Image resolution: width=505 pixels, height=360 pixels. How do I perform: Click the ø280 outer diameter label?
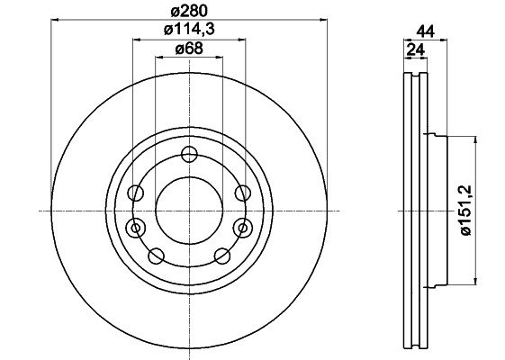pos(189,12)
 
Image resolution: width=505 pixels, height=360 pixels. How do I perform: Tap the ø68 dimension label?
pos(187,49)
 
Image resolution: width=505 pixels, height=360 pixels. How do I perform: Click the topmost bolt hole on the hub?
pos(188,154)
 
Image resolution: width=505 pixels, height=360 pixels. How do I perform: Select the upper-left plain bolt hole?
pos(135,193)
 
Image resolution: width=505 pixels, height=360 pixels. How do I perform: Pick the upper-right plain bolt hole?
pos(241,192)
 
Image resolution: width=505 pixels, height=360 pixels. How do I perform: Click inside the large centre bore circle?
pos(188,209)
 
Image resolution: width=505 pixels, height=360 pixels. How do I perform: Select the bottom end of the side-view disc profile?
pos(410,348)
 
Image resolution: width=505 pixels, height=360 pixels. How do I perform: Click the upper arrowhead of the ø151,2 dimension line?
pos(475,139)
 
